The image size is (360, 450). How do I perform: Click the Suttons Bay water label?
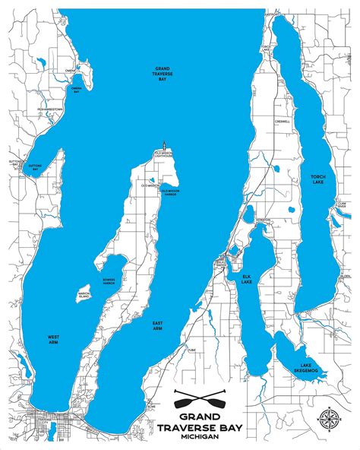pyautogui.click(x=35, y=166)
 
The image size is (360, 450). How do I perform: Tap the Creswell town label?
pyautogui.click(x=284, y=122)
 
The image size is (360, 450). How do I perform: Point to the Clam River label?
pyautogui.click(x=342, y=204)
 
